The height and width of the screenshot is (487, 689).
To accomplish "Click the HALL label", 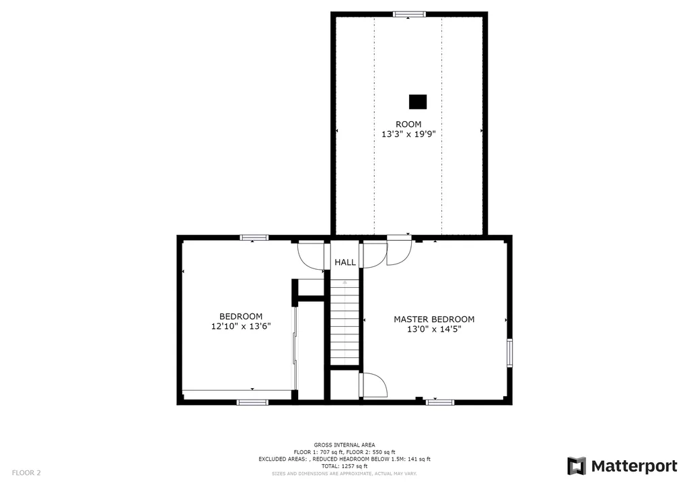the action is [345, 262].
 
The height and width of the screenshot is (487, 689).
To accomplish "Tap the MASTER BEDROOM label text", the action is [434, 320].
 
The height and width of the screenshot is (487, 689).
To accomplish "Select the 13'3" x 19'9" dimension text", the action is [408, 134].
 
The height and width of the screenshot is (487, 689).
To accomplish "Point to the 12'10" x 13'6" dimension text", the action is [241, 326].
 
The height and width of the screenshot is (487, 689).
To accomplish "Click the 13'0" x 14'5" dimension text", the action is [434, 329].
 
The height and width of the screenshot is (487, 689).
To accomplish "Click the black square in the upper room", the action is [418, 102].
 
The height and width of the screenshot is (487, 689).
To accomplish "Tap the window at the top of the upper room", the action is [409, 14].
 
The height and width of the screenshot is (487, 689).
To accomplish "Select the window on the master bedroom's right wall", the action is [509, 352].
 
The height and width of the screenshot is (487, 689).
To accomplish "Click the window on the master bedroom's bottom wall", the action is [440, 402].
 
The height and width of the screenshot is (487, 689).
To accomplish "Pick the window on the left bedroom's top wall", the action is [254, 237].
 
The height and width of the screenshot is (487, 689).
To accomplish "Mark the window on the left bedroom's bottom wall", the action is [252, 402].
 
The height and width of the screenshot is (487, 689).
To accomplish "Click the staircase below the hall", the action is [345, 322].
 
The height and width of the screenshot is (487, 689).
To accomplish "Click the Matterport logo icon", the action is [577, 466].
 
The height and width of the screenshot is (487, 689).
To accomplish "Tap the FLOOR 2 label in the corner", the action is [26, 473].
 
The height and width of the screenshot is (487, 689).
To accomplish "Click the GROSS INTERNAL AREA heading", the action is [344, 445].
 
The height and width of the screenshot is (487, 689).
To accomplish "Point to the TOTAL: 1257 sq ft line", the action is [344, 466].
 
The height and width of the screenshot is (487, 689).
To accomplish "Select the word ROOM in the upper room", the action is [408, 124].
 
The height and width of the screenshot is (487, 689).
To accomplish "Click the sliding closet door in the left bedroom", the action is [295, 348].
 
